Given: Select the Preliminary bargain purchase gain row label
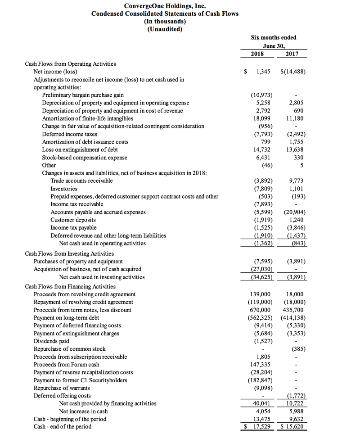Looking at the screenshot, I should [x=83, y=95].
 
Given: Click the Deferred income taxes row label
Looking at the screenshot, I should [x=69, y=134].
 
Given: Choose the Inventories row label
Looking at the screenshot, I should [x=64, y=189].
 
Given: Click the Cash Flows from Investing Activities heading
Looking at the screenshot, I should [x=69, y=253].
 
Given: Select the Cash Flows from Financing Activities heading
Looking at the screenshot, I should [x=70, y=286].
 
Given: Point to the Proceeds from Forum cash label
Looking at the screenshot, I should [x=67, y=364].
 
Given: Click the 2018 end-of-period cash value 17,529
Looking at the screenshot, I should [x=260, y=426].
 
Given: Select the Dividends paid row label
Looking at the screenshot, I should [x=51, y=341].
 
